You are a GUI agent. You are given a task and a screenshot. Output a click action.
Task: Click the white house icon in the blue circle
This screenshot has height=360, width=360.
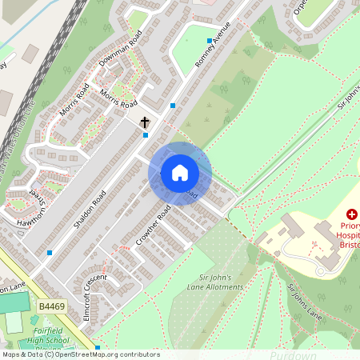[180, 173]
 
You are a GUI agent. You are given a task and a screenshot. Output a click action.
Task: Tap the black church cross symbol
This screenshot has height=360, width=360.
[145, 122]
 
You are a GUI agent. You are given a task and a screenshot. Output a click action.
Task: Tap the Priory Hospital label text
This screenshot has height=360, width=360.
[348, 237]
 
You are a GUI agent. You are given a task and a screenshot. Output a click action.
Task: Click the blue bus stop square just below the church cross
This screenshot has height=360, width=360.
[145, 135]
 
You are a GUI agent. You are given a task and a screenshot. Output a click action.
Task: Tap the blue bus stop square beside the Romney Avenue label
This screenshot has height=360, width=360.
[210, 40]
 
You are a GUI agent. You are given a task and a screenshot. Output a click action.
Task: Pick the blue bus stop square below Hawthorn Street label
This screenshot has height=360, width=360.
[50, 252]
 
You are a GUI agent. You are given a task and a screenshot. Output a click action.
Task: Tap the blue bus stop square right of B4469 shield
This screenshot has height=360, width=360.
[98, 347]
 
